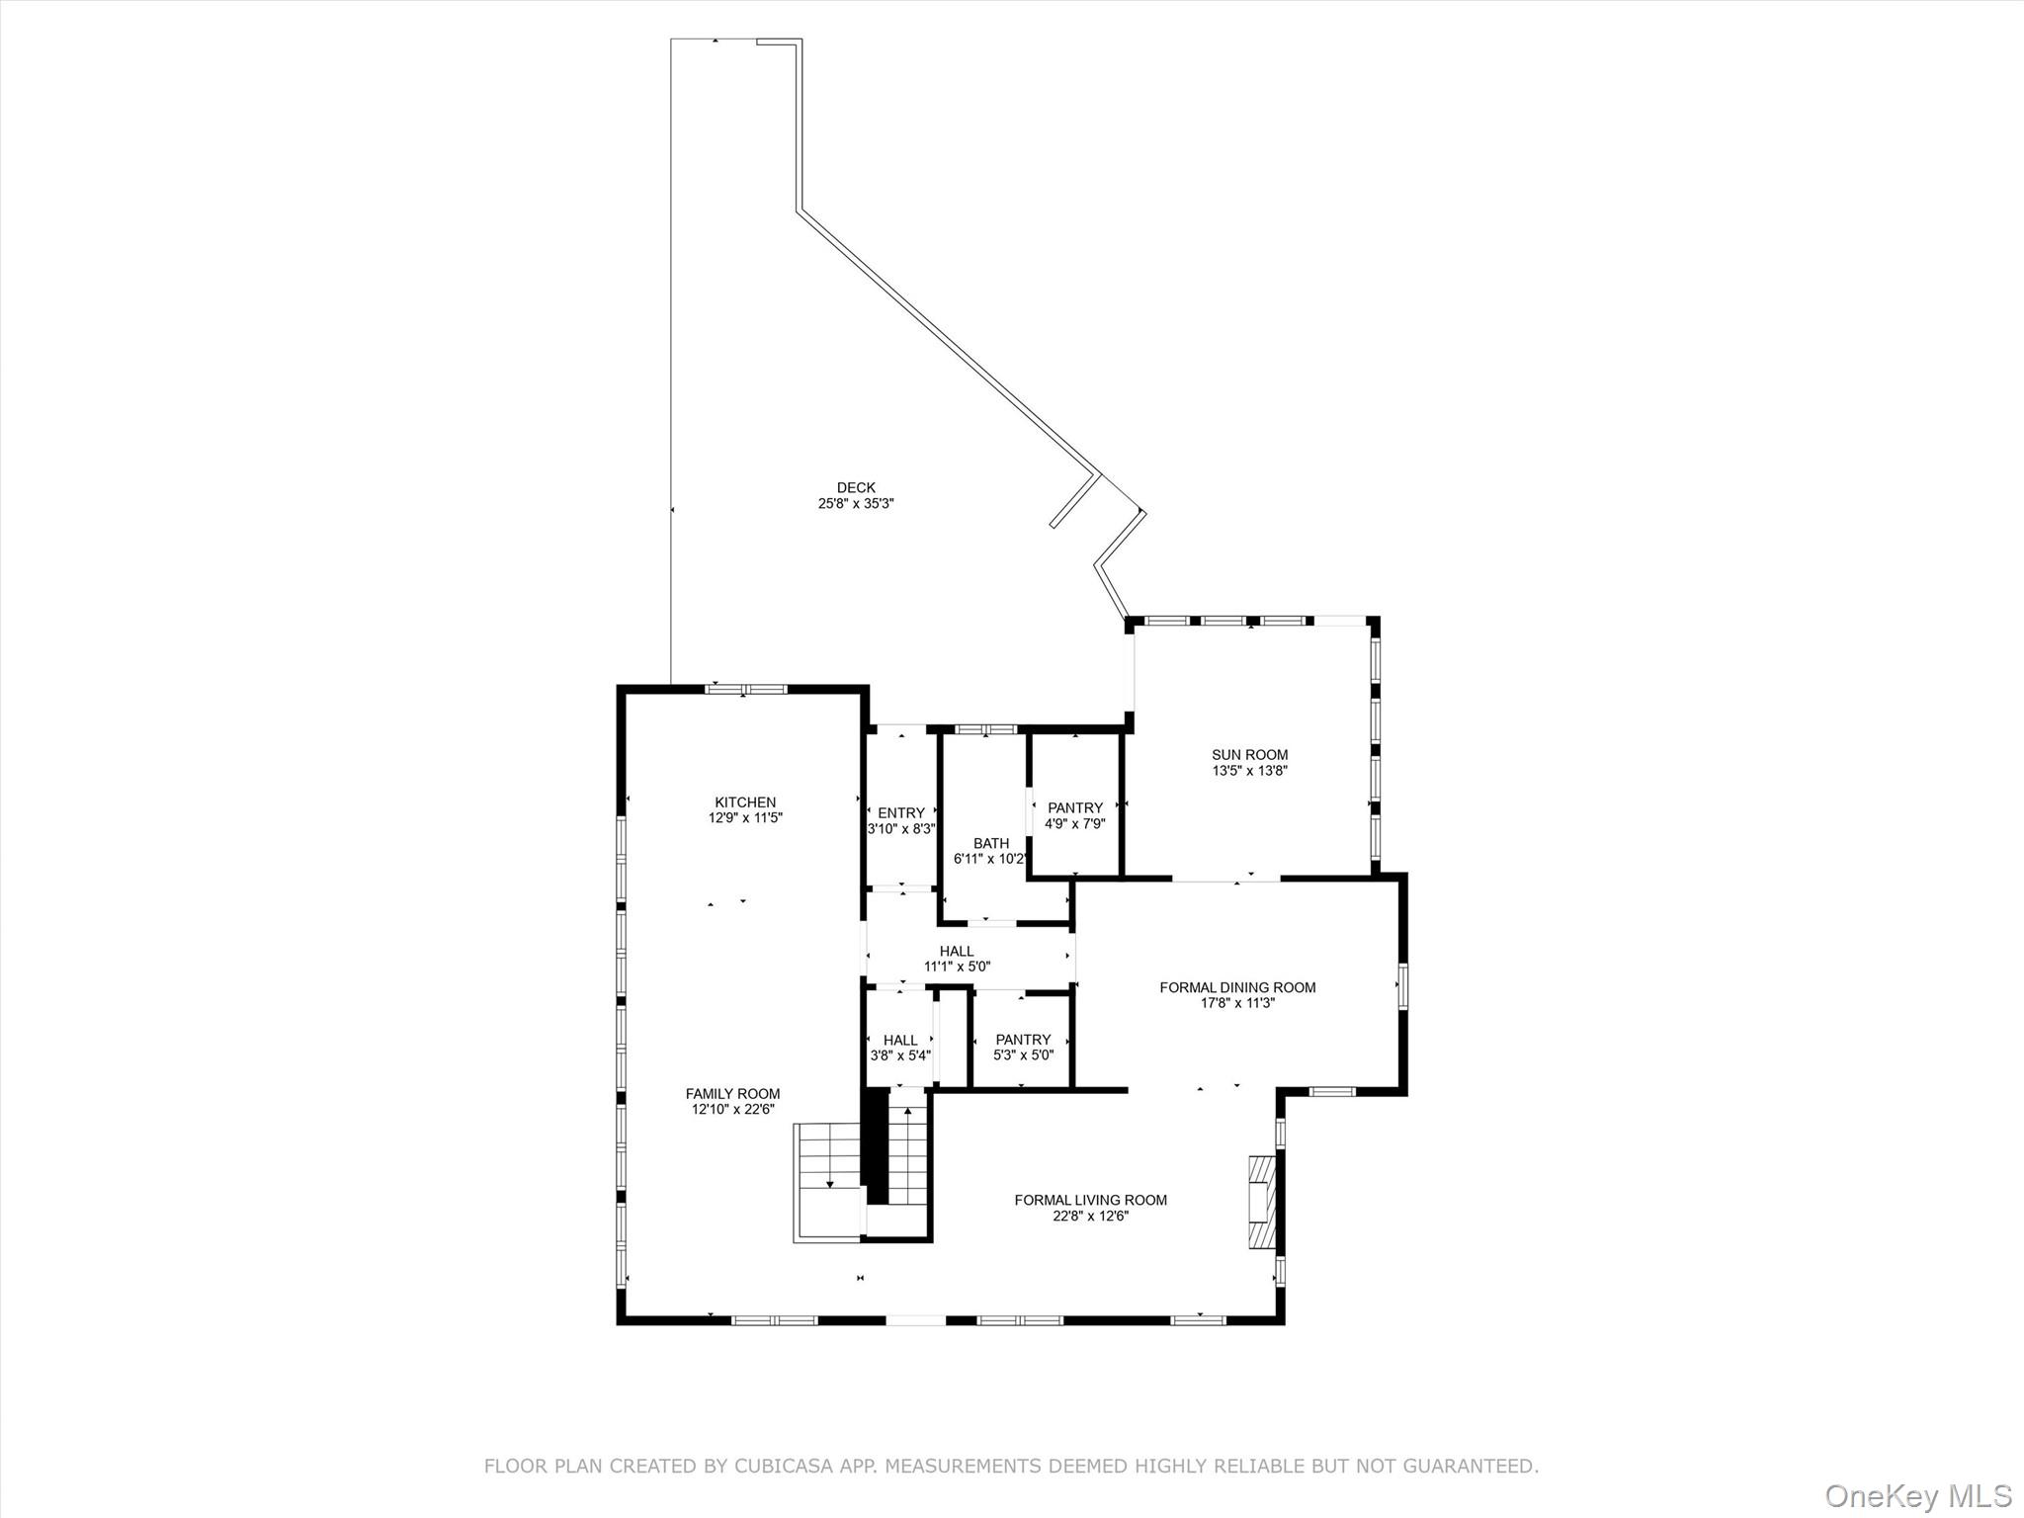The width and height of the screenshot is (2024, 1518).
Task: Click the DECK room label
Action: [856, 487]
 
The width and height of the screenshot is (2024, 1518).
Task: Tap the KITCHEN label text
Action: [745, 802]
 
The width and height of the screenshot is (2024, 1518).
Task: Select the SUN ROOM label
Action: [1250, 755]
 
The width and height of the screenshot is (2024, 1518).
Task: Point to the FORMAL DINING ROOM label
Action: [1237, 987]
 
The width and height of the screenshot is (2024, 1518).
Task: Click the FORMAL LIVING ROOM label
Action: [1090, 1200]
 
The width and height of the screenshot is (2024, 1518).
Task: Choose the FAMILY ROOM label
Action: [732, 1093]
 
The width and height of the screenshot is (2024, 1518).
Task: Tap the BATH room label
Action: [991, 843]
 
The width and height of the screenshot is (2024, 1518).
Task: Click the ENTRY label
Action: [900, 813]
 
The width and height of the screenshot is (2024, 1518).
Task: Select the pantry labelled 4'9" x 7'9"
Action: [1075, 808]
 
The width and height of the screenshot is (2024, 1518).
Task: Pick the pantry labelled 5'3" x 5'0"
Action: [1023, 1040]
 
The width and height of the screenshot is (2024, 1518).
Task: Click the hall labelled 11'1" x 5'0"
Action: [957, 952]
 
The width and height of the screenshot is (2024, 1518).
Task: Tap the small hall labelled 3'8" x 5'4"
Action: [900, 1040]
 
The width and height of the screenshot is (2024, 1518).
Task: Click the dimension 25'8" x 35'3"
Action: [856, 504]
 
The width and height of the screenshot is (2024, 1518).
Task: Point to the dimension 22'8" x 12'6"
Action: [1090, 1217]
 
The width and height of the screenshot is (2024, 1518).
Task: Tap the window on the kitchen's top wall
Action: [745, 689]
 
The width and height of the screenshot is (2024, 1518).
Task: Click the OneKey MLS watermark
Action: [1918, 1495]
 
